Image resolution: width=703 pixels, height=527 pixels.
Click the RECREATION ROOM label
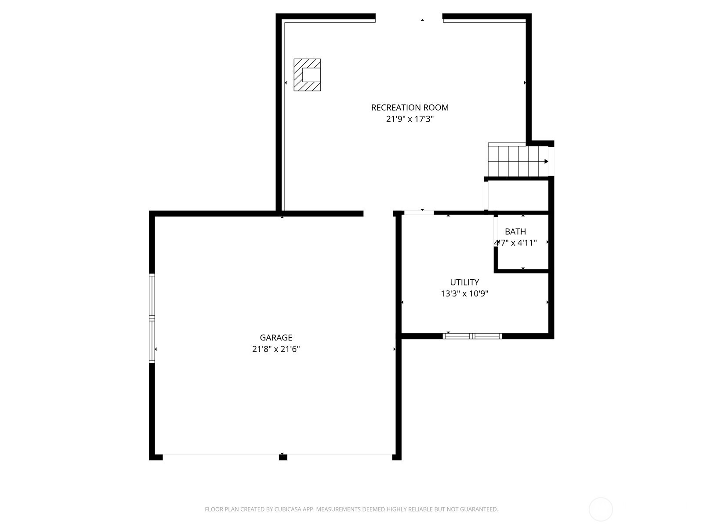[409, 108]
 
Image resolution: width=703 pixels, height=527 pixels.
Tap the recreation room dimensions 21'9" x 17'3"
[409, 119]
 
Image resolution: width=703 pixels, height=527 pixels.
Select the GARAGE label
[276, 338]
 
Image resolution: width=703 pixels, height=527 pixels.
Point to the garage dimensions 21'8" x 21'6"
[276, 349]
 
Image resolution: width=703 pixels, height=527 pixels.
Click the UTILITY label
[464, 282]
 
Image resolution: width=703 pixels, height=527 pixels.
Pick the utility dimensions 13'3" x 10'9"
[464, 293]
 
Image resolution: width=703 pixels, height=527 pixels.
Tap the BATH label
[515, 231]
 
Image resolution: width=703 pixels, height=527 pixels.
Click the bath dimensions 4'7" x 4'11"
[515, 243]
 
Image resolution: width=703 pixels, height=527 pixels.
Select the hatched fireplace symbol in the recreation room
[307, 75]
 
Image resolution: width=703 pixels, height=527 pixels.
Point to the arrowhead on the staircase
[547, 161]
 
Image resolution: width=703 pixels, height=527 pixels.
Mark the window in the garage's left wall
[152, 318]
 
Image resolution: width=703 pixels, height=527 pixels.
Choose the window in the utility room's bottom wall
[472, 336]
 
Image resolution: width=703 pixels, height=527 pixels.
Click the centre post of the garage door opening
[283, 457]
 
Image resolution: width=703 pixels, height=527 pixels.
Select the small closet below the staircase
[518, 195]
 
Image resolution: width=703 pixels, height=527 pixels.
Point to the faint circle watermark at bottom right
[601, 509]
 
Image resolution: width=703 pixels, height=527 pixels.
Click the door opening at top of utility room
[419, 213]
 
